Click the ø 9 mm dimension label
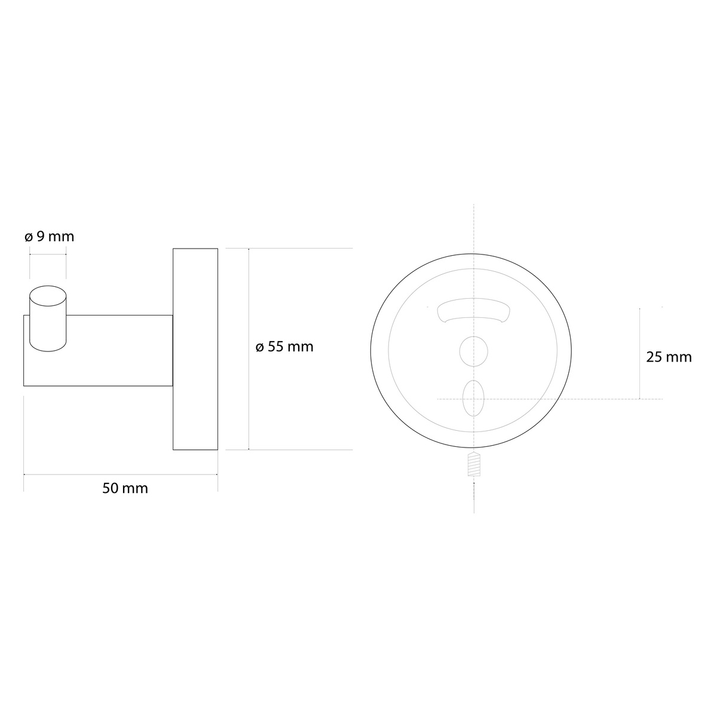coord(50,237)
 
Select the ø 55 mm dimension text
coord(284,347)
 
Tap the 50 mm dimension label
coord(125,488)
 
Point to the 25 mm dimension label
coord(669,357)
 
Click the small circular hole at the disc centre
coord(474,351)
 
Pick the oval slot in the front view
coord(473,398)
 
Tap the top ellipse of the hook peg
coord(48,296)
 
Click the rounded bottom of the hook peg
coord(48,347)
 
